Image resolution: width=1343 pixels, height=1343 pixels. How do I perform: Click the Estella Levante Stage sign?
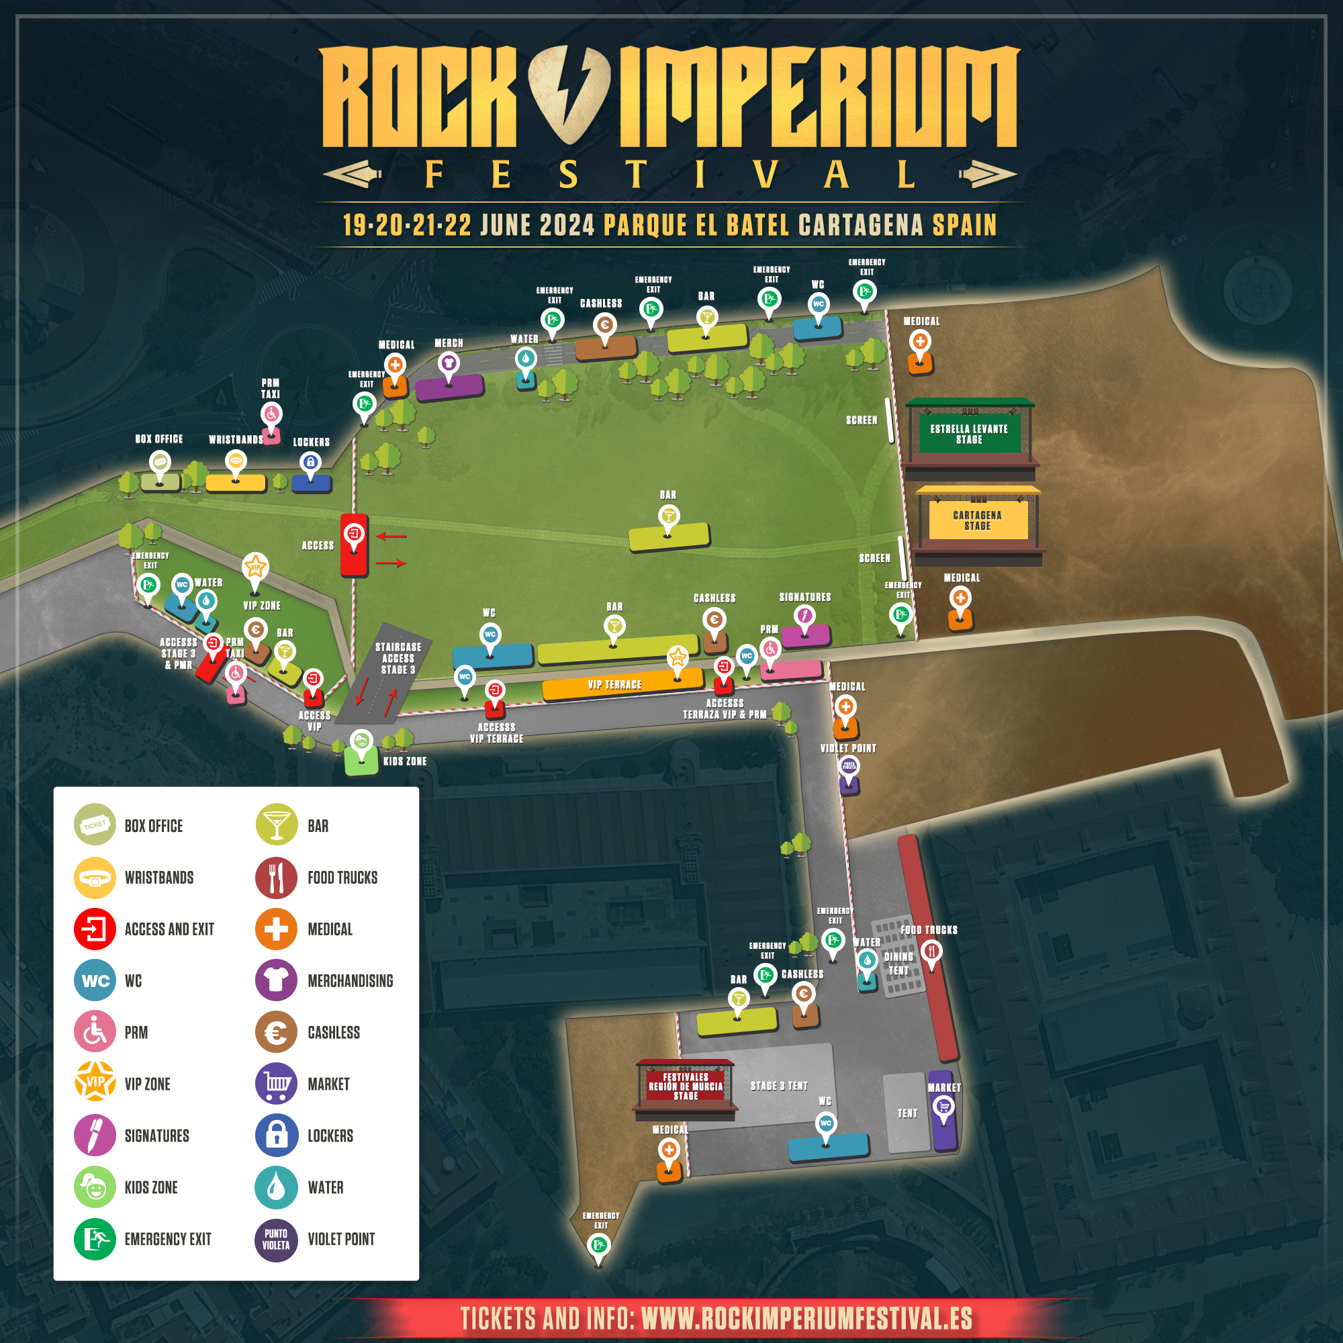[969, 434]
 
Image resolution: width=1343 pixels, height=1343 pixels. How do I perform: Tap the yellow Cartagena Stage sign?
[977, 520]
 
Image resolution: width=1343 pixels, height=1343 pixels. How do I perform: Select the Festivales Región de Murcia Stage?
[686, 1086]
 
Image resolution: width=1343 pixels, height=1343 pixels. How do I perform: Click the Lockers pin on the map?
[310, 461]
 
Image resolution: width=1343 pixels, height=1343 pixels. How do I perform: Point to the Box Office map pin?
[160, 462]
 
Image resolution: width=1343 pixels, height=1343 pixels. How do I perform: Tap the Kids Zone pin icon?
[361, 741]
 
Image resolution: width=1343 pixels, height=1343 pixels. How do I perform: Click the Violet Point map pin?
[849, 766]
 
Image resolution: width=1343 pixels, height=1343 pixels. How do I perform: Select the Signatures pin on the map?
[804, 616]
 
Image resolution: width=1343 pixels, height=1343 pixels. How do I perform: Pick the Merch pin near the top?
[449, 363]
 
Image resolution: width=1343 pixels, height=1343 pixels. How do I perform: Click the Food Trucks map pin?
[931, 950]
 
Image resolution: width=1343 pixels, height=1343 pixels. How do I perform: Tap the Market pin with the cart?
[943, 1105]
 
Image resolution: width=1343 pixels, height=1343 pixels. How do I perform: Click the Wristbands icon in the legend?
[95, 877]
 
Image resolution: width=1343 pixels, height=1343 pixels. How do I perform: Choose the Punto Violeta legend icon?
[276, 1240]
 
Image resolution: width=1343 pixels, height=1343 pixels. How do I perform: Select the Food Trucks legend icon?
[276, 877]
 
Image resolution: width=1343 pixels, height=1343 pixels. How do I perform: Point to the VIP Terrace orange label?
[614, 685]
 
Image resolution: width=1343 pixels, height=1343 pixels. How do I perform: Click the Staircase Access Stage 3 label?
[398, 658]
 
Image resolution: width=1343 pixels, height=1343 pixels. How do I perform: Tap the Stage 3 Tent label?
[778, 1086]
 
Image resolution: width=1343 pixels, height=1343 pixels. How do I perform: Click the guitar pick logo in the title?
[569, 94]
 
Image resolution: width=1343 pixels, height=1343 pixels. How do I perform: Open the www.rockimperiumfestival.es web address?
[806, 1319]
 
